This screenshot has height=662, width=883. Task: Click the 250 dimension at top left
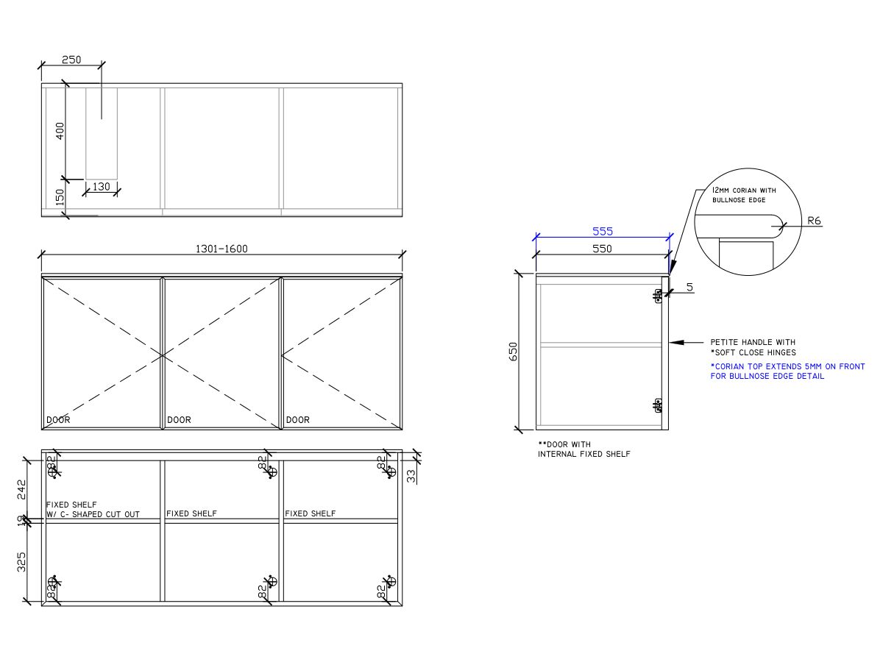point(71,60)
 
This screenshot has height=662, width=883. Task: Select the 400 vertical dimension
point(60,131)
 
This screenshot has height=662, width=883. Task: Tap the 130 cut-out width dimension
point(102,187)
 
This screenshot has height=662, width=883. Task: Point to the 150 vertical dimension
point(60,197)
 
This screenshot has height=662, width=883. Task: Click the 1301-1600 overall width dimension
point(221,249)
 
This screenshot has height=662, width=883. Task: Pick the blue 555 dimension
point(603,231)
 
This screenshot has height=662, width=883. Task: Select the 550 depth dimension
point(602,249)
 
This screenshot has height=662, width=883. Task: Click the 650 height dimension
point(514,351)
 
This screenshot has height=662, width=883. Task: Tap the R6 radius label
point(814,220)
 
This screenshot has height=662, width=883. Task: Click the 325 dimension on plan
point(21,561)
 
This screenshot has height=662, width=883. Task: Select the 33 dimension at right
point(411,476)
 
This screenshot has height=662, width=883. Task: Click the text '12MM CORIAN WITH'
point(743,190)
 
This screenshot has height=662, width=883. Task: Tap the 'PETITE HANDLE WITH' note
point(752,342)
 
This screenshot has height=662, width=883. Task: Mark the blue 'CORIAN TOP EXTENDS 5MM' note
point(787,366)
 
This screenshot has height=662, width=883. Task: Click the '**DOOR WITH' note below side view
point(564,444)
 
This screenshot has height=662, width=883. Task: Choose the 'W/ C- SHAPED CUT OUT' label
point(93,514)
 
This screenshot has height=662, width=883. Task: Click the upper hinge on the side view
point(658,296)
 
